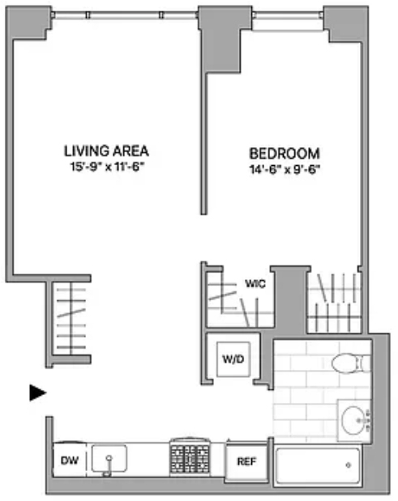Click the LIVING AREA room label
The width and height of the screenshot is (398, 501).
point(106,151)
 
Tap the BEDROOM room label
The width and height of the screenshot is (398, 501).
point(285,154)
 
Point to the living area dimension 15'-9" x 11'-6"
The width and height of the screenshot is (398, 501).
point(106,167)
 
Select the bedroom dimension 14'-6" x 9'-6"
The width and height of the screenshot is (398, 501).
point(285,170)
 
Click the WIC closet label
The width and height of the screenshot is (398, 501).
point(255,283)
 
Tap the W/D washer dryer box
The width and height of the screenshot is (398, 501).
point(233,359)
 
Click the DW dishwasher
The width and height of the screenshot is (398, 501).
point(70,460)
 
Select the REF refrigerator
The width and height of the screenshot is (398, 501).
point(246,461)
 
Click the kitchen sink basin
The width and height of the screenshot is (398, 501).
point(109,458)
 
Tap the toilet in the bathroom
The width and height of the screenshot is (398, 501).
point(351,363)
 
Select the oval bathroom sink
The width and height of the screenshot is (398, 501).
point(353,421)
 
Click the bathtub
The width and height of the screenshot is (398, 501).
point(318,465)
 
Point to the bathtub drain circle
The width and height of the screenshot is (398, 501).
point(349,465)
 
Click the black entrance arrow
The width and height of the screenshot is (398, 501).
point(38,393)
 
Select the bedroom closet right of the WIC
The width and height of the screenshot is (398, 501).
point(334,302)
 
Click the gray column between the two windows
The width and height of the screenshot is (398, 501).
point(220,39)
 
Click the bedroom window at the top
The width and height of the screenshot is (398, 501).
point(289,15)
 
